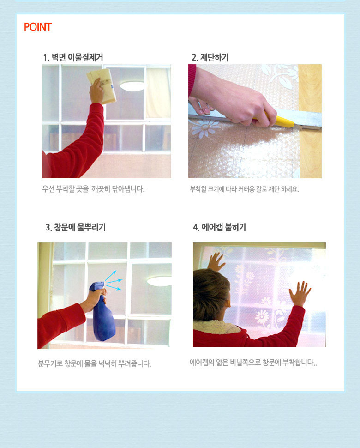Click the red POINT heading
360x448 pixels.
coord(38,27)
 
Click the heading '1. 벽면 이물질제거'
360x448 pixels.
coord(73,57)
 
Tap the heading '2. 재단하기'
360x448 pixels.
coord(210,57)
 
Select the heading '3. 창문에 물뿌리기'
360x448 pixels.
coord(75,227)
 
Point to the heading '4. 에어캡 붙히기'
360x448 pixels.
coord(219,227)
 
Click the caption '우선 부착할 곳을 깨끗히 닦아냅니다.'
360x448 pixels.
coord(93,189)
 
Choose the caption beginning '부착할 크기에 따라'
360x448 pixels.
coord(244,189)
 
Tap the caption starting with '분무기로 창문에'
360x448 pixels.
coord(95,364)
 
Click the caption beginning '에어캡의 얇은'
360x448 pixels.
coord(253,363)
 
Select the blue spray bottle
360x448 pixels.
coord(102,311)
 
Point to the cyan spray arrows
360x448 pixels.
coord(114,280)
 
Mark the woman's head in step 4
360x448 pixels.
coord(211,294)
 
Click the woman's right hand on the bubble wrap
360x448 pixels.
coord(300,293)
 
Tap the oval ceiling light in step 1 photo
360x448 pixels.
coord(132,86)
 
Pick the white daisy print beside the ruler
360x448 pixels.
coord(204,128)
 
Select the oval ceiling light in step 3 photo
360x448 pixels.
coord(159,281)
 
